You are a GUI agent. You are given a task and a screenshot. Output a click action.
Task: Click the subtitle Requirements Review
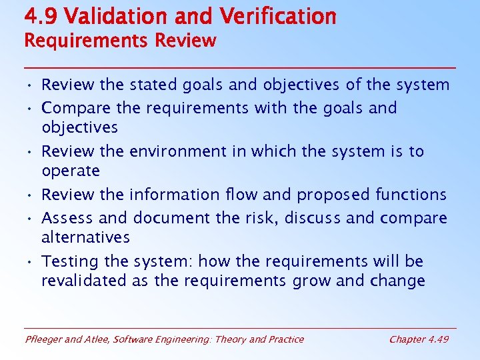(120, 41)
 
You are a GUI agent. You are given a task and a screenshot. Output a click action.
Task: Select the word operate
(71, 171)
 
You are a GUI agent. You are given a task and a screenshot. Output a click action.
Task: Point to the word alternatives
(85, 237)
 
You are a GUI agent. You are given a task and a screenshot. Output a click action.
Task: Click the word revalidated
(84, 281)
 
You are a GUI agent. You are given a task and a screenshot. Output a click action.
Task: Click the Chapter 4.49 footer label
(419, 339)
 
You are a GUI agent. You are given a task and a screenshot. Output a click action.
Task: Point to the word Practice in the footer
(285, 339)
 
